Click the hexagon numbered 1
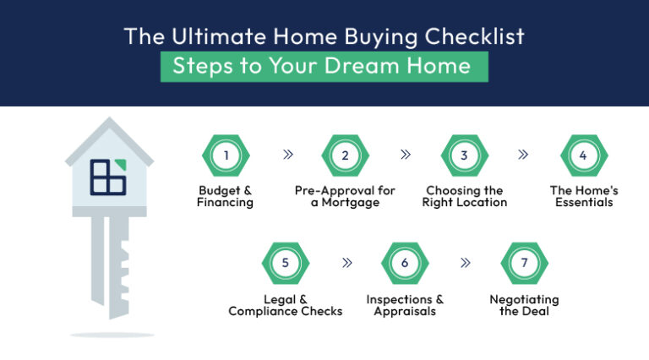tap(226, 155)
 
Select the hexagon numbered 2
tap(345, 155)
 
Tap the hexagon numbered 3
tap(464, 155)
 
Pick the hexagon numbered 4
tap(583, 155)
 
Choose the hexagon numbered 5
tap(286, 263)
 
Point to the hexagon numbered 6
tap(405, 263)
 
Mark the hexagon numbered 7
tap(524, 263)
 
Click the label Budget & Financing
tap(225, 197)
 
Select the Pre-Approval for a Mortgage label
tap(345, 197)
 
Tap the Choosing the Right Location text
tap(464, 197)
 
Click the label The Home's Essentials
tap(583, 197)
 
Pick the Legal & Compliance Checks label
tap(286, 305)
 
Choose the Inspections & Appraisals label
tap(405, 305)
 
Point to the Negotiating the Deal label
tap(524, 305)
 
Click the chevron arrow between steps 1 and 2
tap(286, 155)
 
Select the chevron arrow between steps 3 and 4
tap(524, 155)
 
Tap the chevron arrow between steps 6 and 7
tap(465, 263)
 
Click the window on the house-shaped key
tap(108, 175)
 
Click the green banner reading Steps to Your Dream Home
tap(324, 67)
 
